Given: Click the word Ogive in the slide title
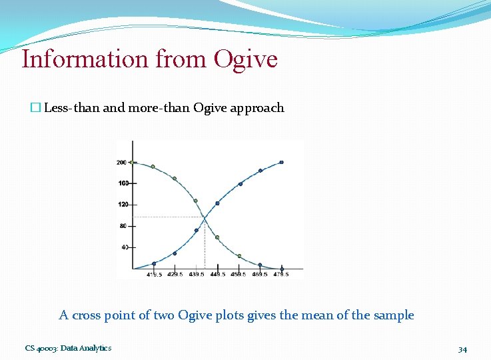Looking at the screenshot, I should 245,59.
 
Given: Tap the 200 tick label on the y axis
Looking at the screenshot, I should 121,162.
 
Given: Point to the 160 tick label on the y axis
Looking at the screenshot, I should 123,183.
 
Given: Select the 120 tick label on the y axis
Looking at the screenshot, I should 123,205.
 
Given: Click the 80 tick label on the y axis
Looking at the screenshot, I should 123,226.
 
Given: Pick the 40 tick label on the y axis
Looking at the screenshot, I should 123,247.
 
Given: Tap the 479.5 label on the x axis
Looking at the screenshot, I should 281,275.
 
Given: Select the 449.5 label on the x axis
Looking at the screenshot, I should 217,275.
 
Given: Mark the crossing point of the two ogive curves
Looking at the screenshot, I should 205,217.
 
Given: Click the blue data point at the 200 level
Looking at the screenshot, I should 281,162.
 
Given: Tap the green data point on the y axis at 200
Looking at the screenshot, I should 133,162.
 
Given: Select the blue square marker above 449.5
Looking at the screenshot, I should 217,203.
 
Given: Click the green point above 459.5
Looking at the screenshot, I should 239,256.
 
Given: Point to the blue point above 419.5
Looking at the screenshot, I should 154,263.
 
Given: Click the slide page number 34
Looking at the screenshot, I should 462,349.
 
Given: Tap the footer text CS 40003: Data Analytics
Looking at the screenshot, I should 69,348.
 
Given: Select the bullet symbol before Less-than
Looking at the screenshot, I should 35,108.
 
